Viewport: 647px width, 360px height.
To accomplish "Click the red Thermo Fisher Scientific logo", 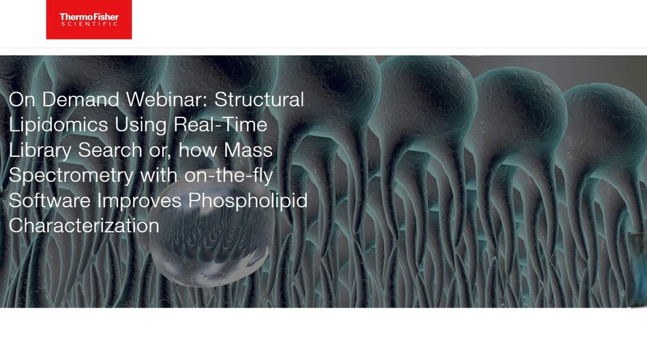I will (x=89, y=19).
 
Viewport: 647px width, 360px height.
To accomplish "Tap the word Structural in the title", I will (x=259, y=100).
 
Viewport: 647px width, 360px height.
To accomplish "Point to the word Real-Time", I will (x=220, y=125).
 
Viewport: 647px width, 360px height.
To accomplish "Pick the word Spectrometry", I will (x=71, y=175).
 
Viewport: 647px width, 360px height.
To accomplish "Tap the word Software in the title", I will (x=50, y=200).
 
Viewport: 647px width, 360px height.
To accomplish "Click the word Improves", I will (x=139, y=200).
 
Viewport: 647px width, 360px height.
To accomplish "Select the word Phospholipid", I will (x=248, y=200).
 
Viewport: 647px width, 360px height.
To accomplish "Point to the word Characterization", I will (x=84, y=225).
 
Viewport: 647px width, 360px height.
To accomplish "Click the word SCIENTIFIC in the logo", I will (x=89, y=25).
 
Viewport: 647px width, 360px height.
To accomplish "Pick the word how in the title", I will (x=198, y=150).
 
